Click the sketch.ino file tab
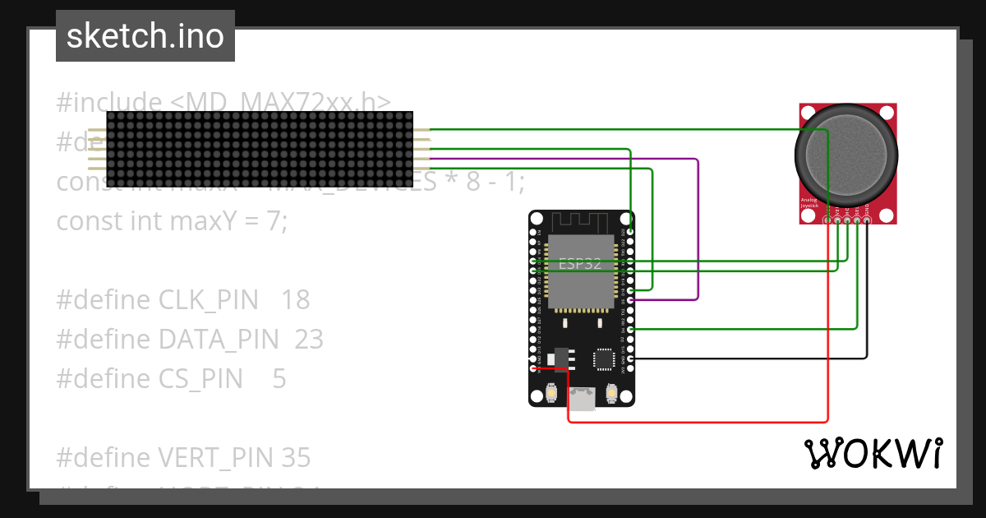145,36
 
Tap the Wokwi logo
873,453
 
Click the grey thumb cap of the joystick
845,155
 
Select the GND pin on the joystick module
867,220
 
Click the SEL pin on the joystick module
857,220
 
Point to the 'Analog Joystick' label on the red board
812,202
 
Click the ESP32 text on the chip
580,264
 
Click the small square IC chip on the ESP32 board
604,358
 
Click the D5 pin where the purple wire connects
629,300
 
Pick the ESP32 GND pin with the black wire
629,358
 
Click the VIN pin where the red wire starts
534,368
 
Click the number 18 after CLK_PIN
295,300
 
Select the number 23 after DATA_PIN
308,340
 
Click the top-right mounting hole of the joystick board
886,113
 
